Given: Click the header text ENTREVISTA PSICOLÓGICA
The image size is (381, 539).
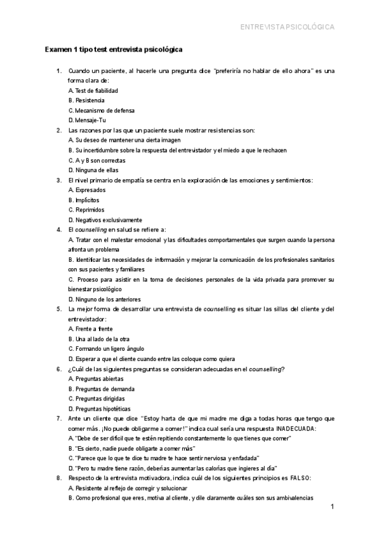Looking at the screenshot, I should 287,27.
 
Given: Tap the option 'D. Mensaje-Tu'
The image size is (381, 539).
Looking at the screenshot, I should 87,120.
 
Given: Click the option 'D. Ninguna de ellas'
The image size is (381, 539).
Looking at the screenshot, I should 93,170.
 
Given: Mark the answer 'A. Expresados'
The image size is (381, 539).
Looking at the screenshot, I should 87,190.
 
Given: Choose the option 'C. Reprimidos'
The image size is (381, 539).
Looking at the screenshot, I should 86,210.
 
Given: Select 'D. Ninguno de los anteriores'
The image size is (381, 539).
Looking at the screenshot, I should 105,299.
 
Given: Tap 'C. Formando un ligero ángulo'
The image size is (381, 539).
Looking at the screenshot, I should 106,348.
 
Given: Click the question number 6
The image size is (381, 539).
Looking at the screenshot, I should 58,369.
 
